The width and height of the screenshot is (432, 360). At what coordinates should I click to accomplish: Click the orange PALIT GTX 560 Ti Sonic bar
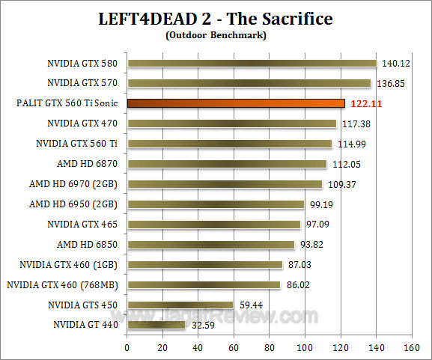pos(236,103)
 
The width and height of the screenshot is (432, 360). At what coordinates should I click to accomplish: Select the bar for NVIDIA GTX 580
pos(252,63)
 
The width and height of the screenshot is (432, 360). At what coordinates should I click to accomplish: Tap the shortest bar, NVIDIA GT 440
pos(156,325)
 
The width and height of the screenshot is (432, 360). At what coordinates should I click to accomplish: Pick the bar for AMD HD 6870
pos(227,164)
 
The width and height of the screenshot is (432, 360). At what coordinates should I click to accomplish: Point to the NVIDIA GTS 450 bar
pos(180,305)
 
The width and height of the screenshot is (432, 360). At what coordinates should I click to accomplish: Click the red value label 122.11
pos(368,103)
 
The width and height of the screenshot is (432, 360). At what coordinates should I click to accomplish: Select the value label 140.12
pos(397,63)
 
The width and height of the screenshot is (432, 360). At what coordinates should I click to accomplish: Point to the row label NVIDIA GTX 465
pos(84,225)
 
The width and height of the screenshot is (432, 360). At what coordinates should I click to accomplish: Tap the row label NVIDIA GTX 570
pos(84,83)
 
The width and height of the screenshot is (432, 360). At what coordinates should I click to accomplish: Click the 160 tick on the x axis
pos(411,348)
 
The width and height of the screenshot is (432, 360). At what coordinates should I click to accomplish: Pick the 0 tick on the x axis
pos(127,348)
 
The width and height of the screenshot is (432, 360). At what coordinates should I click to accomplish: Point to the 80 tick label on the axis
pos(269,348)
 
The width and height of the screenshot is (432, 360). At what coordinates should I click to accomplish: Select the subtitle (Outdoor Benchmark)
pos(216,34)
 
